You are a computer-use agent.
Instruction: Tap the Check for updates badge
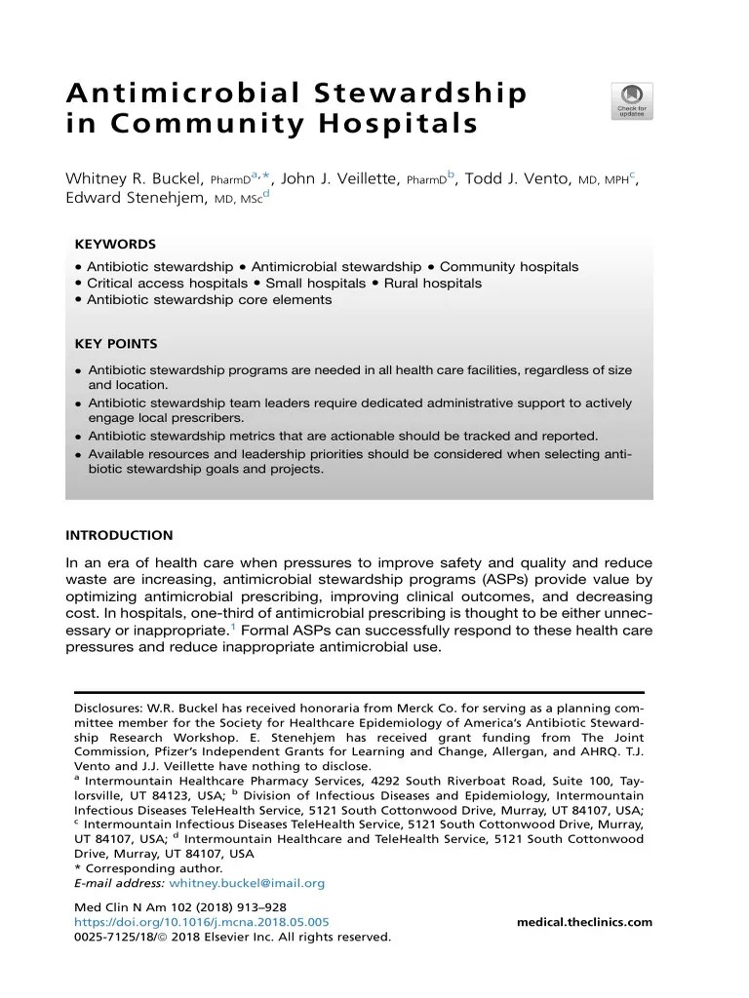[x=631, y=100]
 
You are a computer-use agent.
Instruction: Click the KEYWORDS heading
[x=115, y=244]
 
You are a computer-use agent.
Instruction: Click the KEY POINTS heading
[x=116, y=344]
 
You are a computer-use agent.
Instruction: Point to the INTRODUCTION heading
[x=119, y=535]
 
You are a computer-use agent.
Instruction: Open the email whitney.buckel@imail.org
[x=247, y=883]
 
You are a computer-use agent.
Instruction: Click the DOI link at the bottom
[x=202, y=922]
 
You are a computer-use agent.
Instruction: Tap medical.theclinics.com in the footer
[x=584, y=922]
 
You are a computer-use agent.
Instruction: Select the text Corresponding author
[x=152, y=868]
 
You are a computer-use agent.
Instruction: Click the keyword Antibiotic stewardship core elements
[x=209, y=299]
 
